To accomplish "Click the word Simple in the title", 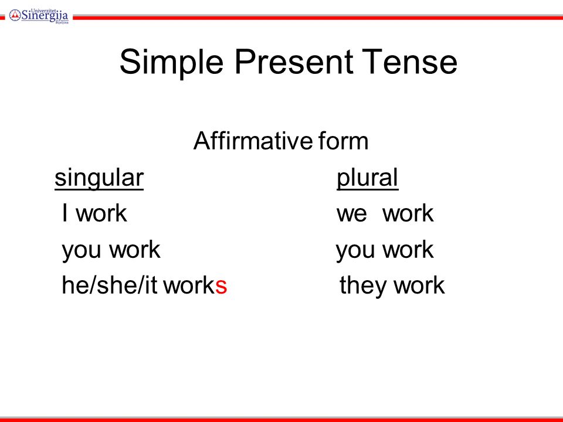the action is [x=172, y=63].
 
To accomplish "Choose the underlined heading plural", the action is [x=367, y=178].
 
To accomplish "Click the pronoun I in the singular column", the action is [x=65, y=213].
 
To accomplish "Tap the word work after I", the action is [x=101, y=213].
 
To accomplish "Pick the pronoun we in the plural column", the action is [x=352, y=215].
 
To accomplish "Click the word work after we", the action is [x=408, y=213].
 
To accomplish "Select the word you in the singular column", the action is [x=81, y=250].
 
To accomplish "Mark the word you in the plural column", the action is [x=355, y=250].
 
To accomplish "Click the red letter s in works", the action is [x=221, y=287].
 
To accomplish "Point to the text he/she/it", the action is [x=110, y=285].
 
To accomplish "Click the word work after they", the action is [x=419, y=285].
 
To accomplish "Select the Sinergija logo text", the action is [x=45, y=15].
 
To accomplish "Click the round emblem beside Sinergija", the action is [x=15, y=15].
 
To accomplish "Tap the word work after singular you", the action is [x=135, y=249].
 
